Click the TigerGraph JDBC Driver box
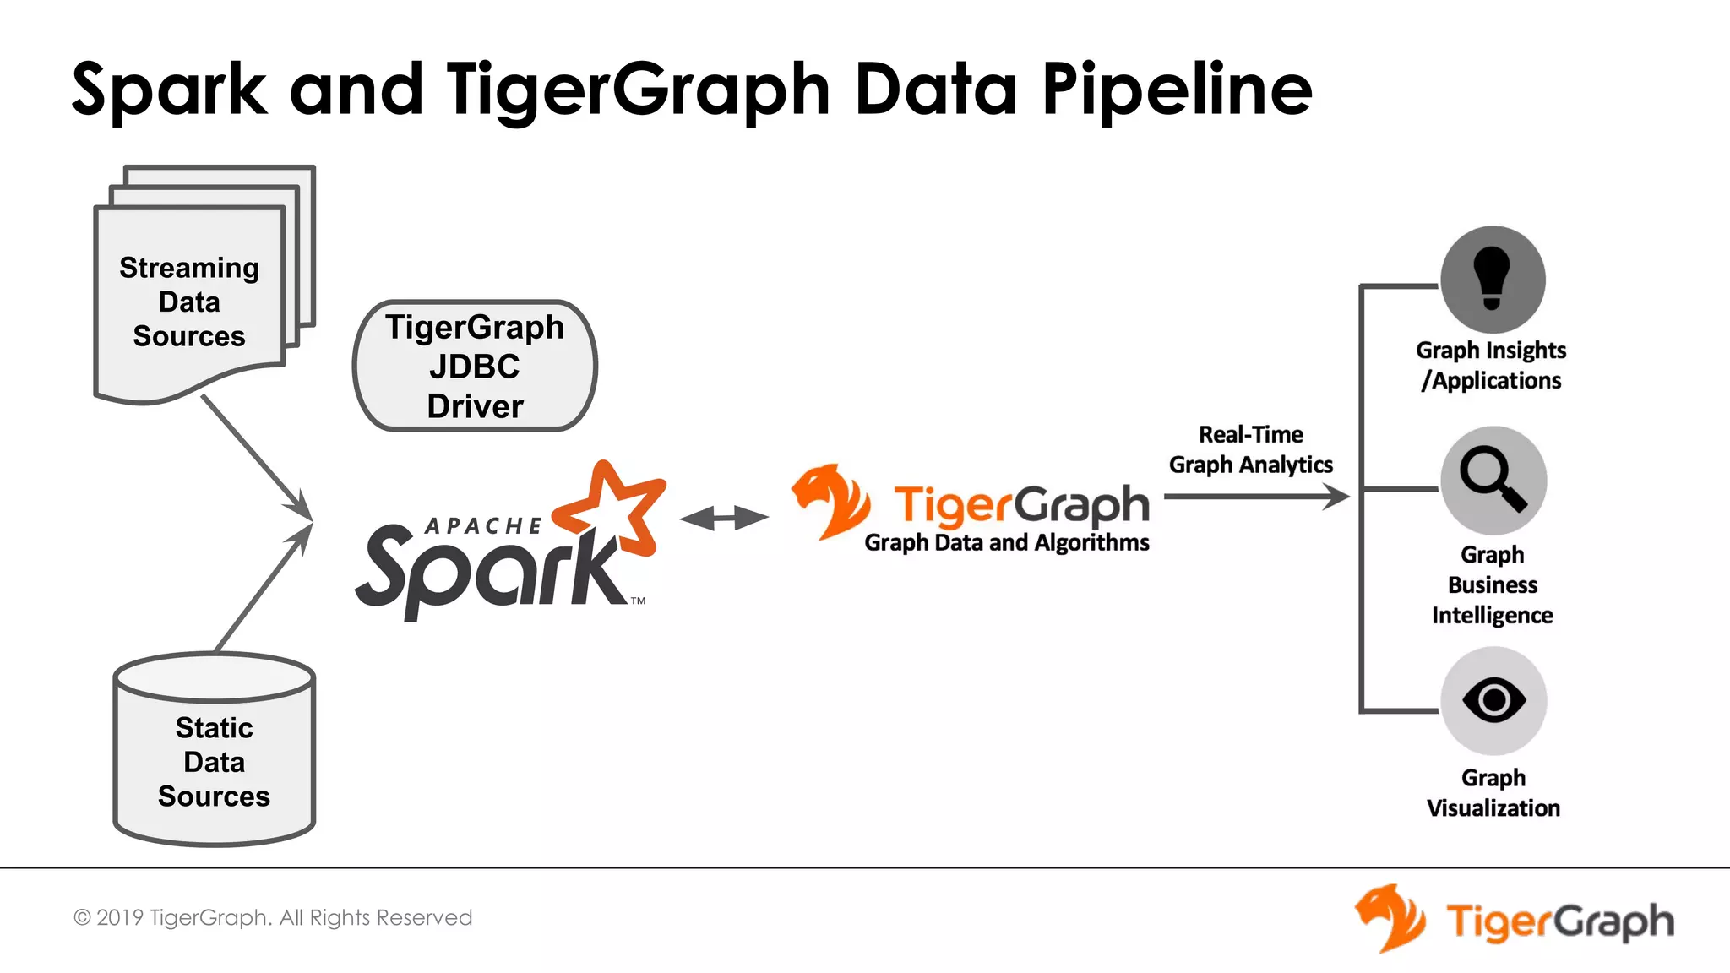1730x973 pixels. (x=475, y=366)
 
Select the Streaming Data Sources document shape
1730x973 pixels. (x=189, y=302)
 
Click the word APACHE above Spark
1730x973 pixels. (x=483, y=526)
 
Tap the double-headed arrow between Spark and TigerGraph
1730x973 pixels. (x=724, y=518)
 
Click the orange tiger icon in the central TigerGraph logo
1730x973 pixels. (x=830, y=500)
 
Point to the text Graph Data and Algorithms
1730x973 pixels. (x=1006, y=542)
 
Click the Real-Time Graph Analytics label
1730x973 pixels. (x=1250, y=449)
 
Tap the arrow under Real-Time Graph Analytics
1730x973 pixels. (x=1256, y=497)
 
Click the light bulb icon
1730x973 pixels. (x=1493, y=280)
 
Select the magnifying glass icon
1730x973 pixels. (x=1493, y=480)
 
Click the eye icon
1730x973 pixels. (x=1493, y=700)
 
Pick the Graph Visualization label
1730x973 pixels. (x=1493, y=792)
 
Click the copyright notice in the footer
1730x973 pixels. (x=273, y=917)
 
